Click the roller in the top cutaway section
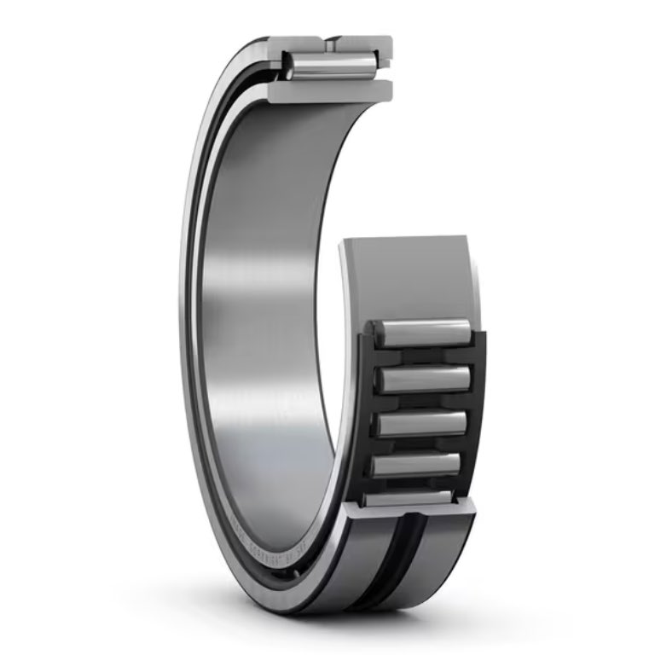pos(331,67)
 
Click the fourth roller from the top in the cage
pos(418,465)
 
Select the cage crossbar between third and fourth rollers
pos(420,444)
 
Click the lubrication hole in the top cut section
pos(329,40)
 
